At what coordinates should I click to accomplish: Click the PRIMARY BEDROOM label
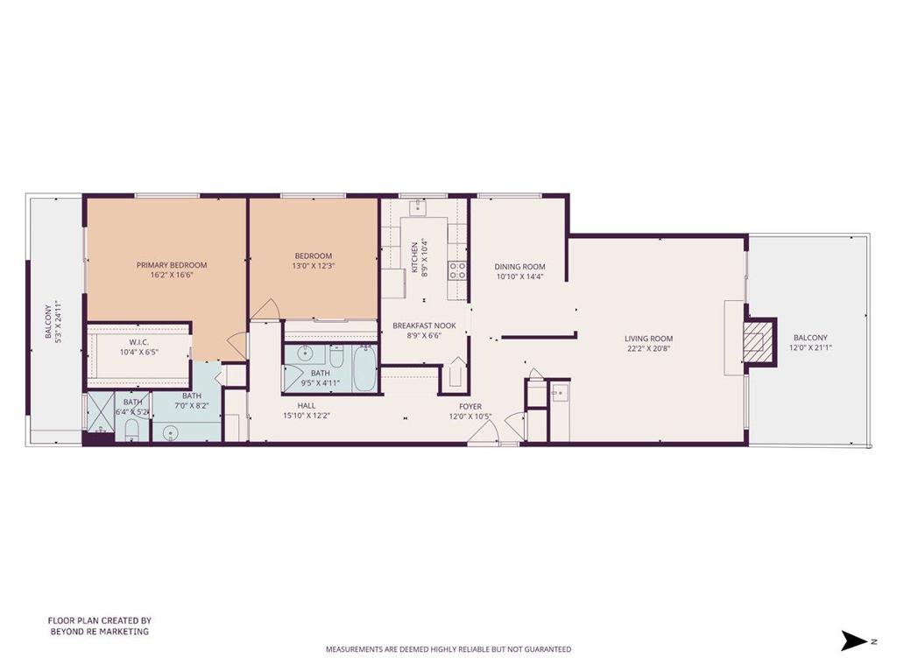[x=172, y=265]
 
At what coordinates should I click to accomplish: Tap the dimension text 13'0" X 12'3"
[x=314, y=266]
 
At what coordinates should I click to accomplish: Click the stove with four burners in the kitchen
[x=457, y=270]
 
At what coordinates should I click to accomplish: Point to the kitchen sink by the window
[x=419, y=208]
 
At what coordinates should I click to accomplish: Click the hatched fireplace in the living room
[x=757, y=339]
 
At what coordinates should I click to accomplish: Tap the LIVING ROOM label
[x=648, y=339]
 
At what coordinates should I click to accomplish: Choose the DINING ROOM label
[x=519, y=267]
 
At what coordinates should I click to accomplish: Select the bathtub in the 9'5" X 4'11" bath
[x=364, y=369]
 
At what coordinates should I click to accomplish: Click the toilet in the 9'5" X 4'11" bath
[x=336, y=358]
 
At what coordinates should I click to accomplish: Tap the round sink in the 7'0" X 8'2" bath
[x=171, y=431]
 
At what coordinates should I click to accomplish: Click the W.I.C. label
[x=138, y=342]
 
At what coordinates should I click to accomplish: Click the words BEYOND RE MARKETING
[x=99, y=631]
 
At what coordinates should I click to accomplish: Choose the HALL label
[x=307, y=405]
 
